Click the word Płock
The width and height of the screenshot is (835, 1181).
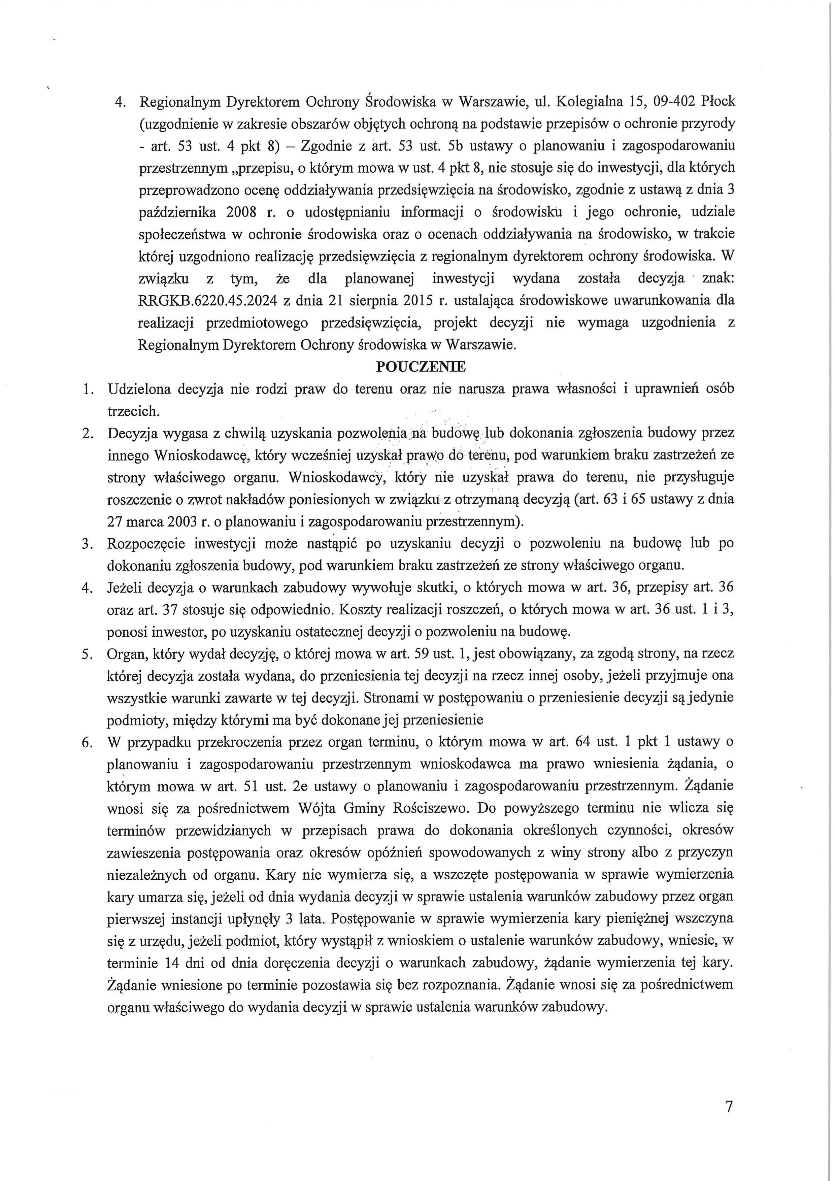719,102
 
